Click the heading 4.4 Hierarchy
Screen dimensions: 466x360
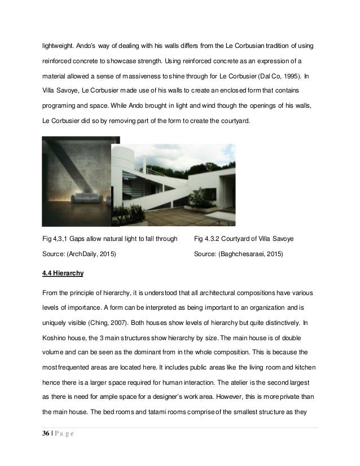[x=63, y=274]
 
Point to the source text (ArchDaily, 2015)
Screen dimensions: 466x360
[x=78, y=255]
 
